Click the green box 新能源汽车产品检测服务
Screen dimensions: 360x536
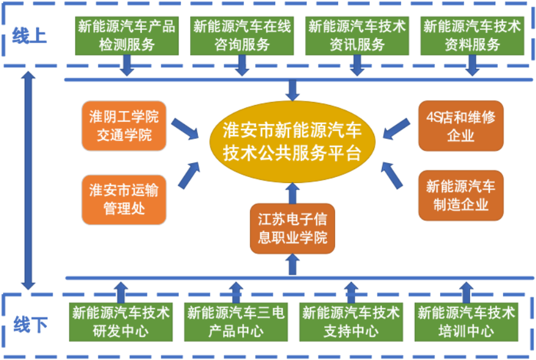pos(126,35)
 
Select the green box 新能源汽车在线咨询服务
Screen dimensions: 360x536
pos(242,35)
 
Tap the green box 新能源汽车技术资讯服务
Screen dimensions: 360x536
pos(357,35)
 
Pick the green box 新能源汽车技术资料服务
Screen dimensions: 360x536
pos(472,35)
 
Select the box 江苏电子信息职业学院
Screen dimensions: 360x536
pos(293,229)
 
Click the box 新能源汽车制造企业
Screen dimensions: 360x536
pos(460,196)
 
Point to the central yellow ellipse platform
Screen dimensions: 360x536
pos(293,142)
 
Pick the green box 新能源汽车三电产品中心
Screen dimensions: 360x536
pos(236,322)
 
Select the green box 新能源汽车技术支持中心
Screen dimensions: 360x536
pos(351,322)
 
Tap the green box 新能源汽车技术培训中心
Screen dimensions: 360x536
pos(466,322)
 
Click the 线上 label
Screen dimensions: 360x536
pos(29,36)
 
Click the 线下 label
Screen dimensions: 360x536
pos(29,325)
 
